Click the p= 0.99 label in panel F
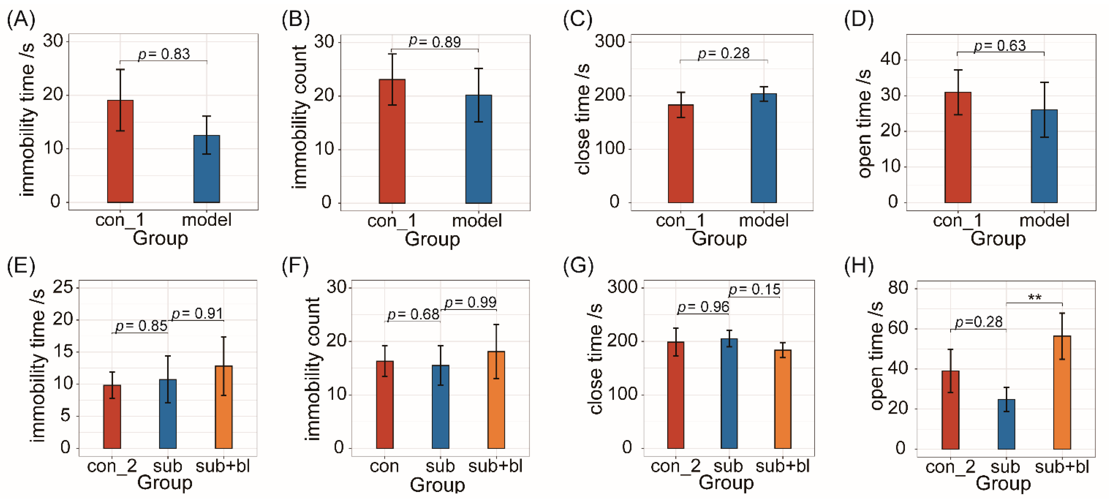coord(470,302)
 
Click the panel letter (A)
coord(21,19)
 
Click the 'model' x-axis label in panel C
coord(764,220)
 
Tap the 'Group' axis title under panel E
coord(164,482)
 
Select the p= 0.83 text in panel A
coord(164,54)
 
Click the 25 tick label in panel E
coord(62,287)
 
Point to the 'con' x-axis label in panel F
coord(384,466)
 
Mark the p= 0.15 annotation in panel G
coord(754,290)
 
